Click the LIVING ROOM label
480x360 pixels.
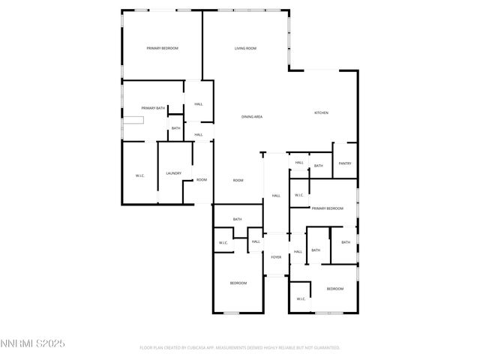[245, 49]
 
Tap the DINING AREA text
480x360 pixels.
[252, 117]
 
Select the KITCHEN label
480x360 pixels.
[321, 113]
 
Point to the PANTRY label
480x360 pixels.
[344, 163]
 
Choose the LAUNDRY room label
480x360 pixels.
[174, 174]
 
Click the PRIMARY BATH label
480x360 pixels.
[152, 109]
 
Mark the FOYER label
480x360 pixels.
[276, 257]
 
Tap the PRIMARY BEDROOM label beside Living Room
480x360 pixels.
[163, 49]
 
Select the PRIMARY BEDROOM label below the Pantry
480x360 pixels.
[328, 208]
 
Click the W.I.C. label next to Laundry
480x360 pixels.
[140, 176]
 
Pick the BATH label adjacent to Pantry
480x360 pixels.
[318, 166]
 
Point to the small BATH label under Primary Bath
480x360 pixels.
[175, 128]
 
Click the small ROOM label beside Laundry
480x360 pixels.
[202, 180]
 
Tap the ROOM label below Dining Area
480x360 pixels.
[238, 181]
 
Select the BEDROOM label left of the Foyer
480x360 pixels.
[238, 283]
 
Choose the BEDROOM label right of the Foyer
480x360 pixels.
[334, 289]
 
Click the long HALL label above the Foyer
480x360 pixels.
[276, 196]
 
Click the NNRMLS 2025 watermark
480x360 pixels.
[34, 343]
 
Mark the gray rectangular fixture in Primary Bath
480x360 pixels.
[134, 120]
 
